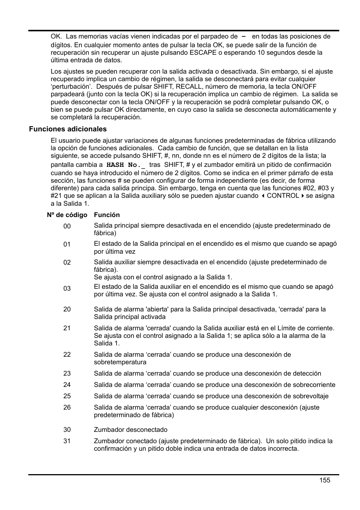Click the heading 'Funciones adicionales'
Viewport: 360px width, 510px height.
[68, 129]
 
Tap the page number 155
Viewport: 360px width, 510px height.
[324, 480]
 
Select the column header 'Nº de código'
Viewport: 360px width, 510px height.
[67, 215]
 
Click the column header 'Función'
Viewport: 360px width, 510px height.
[107, 215]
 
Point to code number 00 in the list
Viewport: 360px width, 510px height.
[67, 226]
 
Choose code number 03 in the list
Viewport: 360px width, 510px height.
[67, 288]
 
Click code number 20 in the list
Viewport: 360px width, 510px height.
[67, 309]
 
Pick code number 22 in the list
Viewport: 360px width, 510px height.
[67, 354]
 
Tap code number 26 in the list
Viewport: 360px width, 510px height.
[67, 407]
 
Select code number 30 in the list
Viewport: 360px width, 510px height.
[67, 430]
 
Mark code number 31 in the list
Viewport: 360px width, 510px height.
[67, 441]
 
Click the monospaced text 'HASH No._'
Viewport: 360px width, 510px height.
[126, 165]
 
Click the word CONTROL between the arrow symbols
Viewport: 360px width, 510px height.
[283, 196]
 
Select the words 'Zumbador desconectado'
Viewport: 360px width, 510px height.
[131, 430]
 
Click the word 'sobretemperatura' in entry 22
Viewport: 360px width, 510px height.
[120, 362]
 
